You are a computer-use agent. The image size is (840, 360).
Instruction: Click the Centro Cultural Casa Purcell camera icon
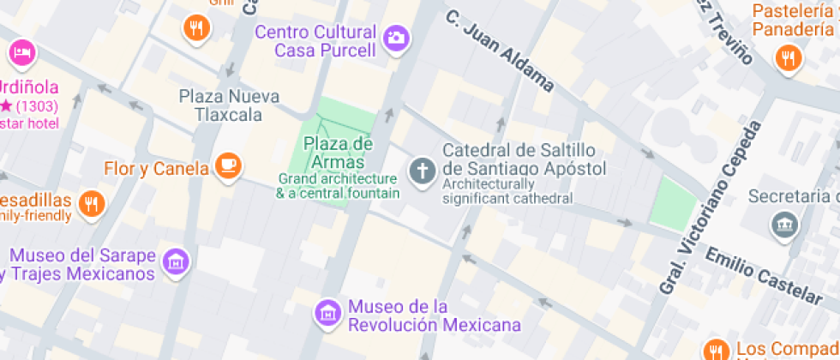396,38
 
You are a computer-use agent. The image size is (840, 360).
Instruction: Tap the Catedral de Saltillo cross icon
422,170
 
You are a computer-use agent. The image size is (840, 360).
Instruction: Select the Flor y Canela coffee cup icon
227,166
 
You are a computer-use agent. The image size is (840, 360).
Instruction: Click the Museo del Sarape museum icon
177,261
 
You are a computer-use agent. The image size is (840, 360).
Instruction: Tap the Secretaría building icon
784,225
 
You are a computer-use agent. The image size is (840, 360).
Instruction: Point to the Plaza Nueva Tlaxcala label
229,105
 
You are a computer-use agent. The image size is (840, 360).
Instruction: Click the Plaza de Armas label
338,152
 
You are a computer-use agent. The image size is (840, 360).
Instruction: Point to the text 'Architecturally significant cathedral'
508,191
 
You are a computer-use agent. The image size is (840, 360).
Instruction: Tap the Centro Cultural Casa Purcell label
316,41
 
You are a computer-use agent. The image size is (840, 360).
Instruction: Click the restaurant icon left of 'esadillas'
91,204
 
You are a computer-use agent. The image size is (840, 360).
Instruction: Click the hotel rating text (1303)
35,106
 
